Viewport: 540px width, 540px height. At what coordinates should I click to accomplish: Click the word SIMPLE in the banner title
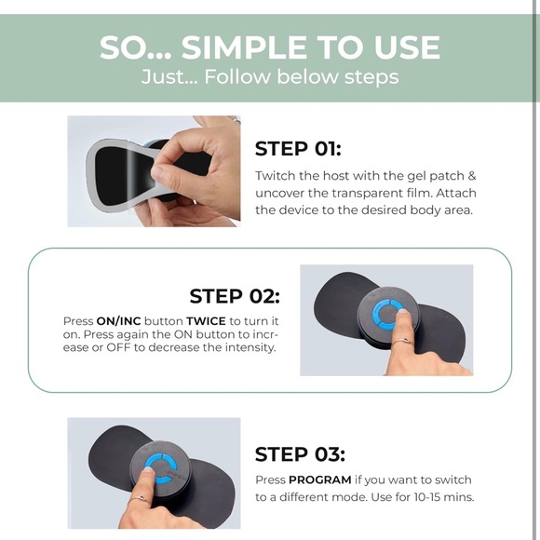[x=244, y=47]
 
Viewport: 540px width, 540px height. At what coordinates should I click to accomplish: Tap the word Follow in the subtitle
[x=237, y=76]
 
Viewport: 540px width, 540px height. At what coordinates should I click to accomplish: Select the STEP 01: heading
[x=298, y=149]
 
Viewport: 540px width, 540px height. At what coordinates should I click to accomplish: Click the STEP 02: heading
[x=235, y=296]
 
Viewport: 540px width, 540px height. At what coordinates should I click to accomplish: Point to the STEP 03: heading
[x=300, y=454]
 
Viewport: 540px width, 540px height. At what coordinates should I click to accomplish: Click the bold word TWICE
[x=206, y=321]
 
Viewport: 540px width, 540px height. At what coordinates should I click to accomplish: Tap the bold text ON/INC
[x=119, y=321]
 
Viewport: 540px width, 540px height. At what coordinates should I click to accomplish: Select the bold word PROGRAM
[x=320, y=479]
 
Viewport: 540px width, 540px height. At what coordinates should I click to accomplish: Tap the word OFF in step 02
[x=118, y=347]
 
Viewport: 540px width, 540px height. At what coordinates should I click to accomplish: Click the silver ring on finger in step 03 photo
[x=139, y=499]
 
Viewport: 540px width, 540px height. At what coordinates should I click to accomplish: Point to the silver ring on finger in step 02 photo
[x=402, y=342]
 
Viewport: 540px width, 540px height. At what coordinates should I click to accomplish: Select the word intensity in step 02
[x=250, y=347]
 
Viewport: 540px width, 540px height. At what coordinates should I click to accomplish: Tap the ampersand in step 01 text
[x=472, y=176]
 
